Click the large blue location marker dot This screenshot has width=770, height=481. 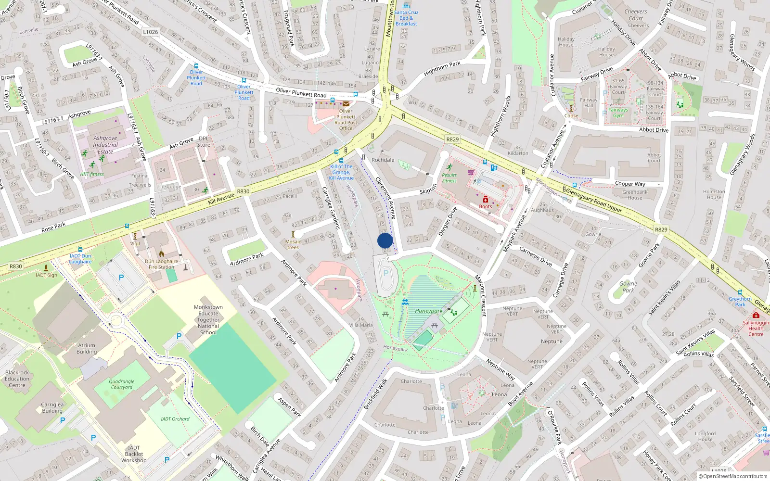point(385,240)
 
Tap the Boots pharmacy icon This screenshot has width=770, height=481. point(486,200)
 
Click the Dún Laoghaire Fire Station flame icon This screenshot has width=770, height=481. point(162,254)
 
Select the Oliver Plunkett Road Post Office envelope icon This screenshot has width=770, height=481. point(346,103)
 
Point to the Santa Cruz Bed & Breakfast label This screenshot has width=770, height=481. point(406,18)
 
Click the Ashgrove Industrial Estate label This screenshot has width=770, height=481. point(105,145)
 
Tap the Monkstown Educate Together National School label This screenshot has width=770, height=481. point(208,319)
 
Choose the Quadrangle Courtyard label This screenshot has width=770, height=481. point(122,384)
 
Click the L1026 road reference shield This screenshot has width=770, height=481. point(151,32)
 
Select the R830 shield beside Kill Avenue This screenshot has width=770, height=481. point(243,191)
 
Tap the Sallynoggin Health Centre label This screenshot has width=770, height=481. point(756,329)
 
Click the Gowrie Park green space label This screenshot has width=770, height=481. point(628,287)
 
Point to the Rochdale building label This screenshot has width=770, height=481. point(383,160)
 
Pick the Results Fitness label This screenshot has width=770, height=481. point(449,178)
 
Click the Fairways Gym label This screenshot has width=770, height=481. point(618,113)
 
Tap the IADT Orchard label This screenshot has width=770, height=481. point(175,419)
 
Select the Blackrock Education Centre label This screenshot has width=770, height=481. point(17,379)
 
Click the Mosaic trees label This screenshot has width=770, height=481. point(293,245)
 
